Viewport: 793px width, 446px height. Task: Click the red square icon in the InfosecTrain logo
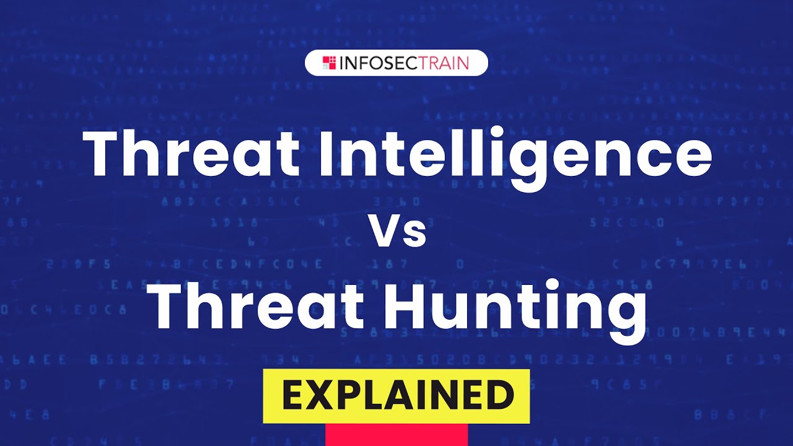[329, 63]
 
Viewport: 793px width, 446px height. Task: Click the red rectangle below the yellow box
[396, 435]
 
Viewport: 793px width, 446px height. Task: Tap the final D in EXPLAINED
[499, 396]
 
